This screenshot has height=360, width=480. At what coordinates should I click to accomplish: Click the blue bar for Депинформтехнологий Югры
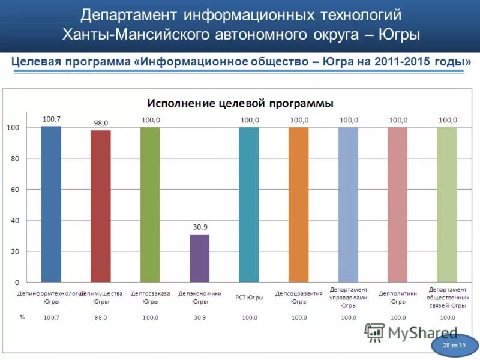tap(51, 204)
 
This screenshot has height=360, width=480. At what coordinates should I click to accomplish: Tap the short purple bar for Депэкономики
tap(200, 258)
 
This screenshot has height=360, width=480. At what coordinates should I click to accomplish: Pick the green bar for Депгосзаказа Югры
tap(150, 204)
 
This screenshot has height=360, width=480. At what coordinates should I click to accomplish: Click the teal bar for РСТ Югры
tap(249, 204)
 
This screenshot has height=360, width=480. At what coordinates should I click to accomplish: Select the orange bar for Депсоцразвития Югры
tap(298, 204)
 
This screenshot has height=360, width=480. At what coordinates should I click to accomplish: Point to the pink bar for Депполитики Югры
tap(398, 204)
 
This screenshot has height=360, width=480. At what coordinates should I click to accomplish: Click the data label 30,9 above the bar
tap(200, 227)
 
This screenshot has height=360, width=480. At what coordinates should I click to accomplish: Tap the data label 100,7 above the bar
tap(52, 119)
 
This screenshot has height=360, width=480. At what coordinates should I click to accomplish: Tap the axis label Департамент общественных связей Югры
tap(448, 298)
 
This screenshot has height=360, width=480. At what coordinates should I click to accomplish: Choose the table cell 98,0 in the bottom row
tap(101, 317)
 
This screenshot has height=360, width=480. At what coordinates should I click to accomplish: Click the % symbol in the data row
tap(22, 317)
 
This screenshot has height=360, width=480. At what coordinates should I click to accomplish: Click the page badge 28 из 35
tap(454, 346)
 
